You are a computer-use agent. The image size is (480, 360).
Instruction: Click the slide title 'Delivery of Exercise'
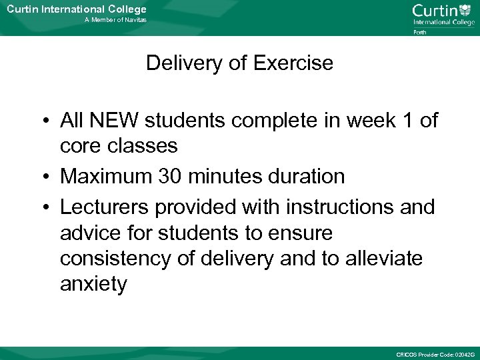(x=239, y=63)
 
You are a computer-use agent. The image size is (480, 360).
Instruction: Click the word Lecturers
(x=105, y=207)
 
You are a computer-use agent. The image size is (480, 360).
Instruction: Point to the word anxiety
(x=93, y=285)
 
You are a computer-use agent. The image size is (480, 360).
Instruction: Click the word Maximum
(x=103, y=177)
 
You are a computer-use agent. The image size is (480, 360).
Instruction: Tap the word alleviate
(x=383, y=258)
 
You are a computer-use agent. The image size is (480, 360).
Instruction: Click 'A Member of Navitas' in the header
(x=115, y=21)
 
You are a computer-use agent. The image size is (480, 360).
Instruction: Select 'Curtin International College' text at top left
(x=76, y=9)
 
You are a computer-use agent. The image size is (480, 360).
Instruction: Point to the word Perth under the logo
(x=420, y=31)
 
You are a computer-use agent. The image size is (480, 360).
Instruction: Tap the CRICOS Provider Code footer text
(x=435, y=354)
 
